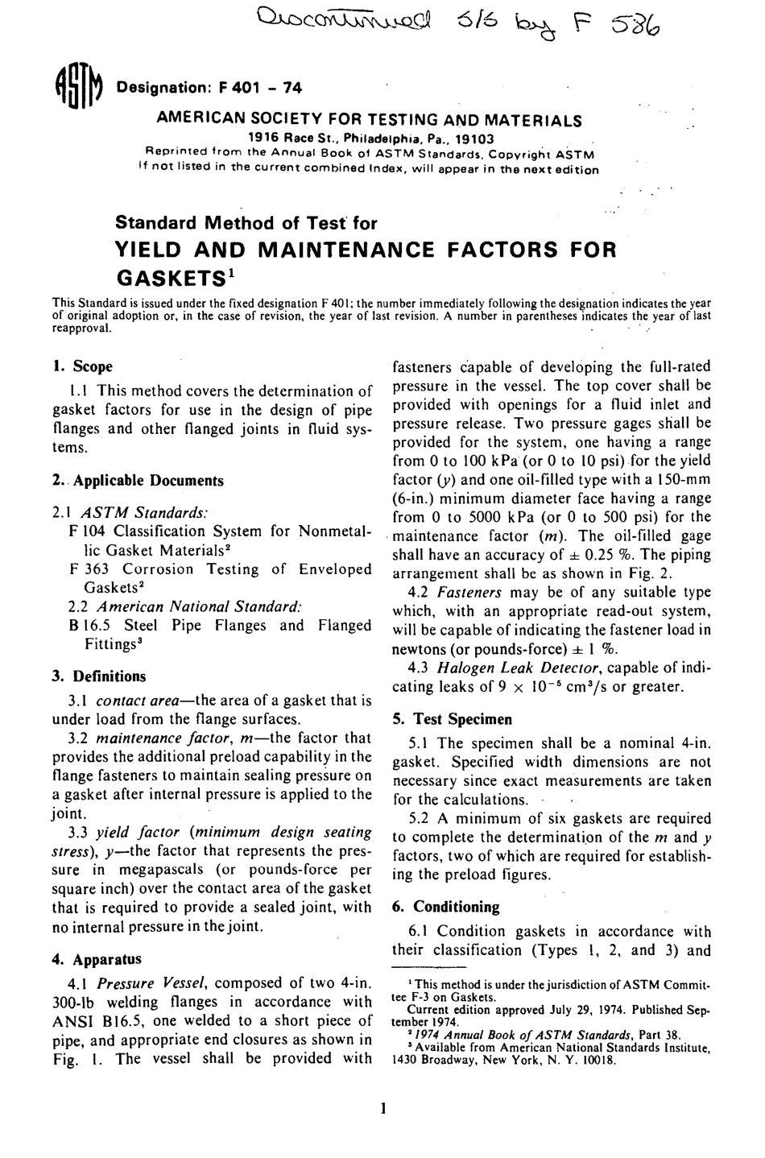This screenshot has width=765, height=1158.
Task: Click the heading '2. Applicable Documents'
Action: pyautogui.click(x=138, y=481)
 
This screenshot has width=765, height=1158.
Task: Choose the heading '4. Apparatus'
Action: pyautogui.click(x=97, y=959)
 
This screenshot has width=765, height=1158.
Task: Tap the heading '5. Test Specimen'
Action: pyautogui.click(x=452, y=719)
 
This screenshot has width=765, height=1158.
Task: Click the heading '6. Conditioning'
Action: pyautogui.click(x=446, y=907)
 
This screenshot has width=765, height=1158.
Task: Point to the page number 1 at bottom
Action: pyautogui.click(x=383, y=1109)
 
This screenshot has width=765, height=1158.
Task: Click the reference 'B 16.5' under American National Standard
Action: pyautogui.click(x=90, y=626)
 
